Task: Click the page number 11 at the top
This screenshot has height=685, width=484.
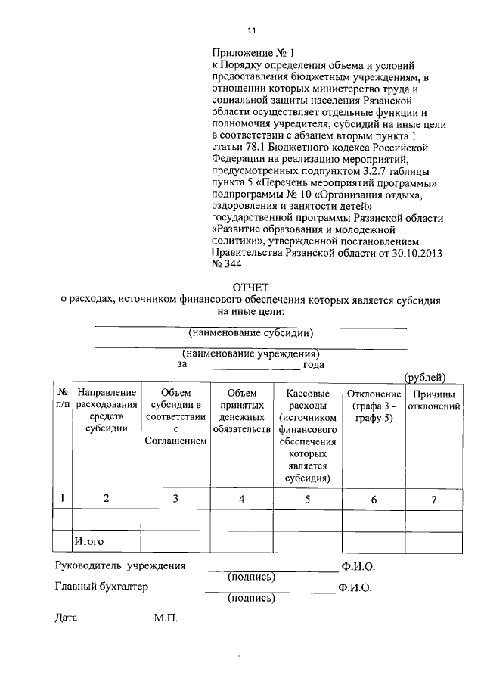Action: coord(252,31)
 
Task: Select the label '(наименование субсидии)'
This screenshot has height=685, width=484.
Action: coord(250,332)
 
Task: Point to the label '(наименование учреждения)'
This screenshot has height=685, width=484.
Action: coord(250,353)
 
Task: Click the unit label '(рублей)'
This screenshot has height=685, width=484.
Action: coord(425,377)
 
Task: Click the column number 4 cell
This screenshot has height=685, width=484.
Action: coord(241,498)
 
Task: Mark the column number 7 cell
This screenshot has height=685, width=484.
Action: coord(434,498)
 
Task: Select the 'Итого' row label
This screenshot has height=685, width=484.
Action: coord(88,542)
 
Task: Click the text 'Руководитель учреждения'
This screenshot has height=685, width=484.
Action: coord(119,566)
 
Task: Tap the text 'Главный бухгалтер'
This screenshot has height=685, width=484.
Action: coord(101,587)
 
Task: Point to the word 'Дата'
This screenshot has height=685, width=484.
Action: coord(67,618)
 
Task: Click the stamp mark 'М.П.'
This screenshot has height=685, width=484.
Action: coord(165,618)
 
